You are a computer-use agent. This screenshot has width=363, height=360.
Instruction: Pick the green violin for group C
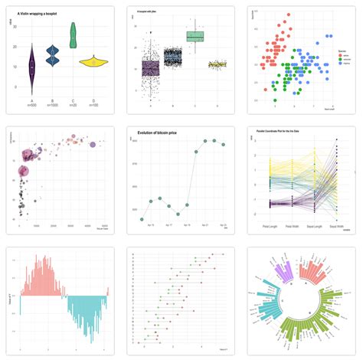point(73,34)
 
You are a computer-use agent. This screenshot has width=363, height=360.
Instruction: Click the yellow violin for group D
point(93,61)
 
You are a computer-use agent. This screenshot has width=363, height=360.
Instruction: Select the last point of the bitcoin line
point(224,144)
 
